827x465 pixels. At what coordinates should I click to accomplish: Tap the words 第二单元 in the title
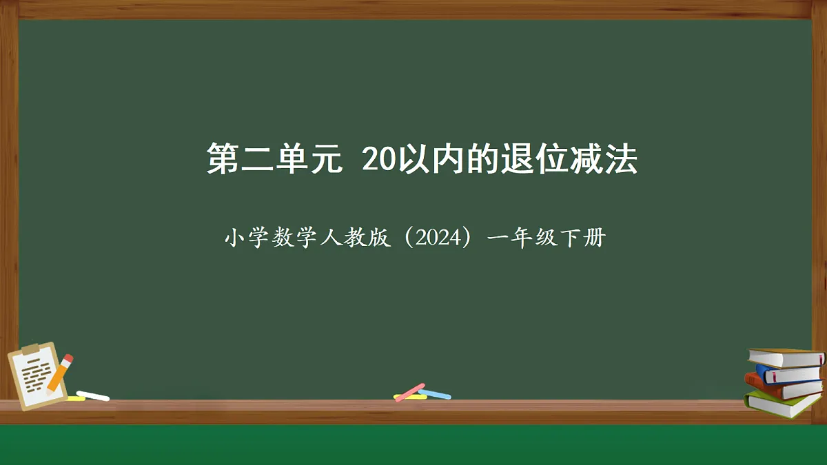coord(274,160)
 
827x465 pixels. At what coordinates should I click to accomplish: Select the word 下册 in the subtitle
coord(583,239)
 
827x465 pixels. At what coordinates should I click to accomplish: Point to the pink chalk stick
coord(411,391)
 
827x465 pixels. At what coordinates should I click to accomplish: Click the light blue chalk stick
coord(435,394)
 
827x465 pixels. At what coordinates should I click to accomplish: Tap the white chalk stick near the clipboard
coord(92,395)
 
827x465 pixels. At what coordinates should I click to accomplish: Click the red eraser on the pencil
coord(68,359)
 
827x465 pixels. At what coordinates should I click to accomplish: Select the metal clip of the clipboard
coord(30,349)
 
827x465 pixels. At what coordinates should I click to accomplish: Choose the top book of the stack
coord(786,358)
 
